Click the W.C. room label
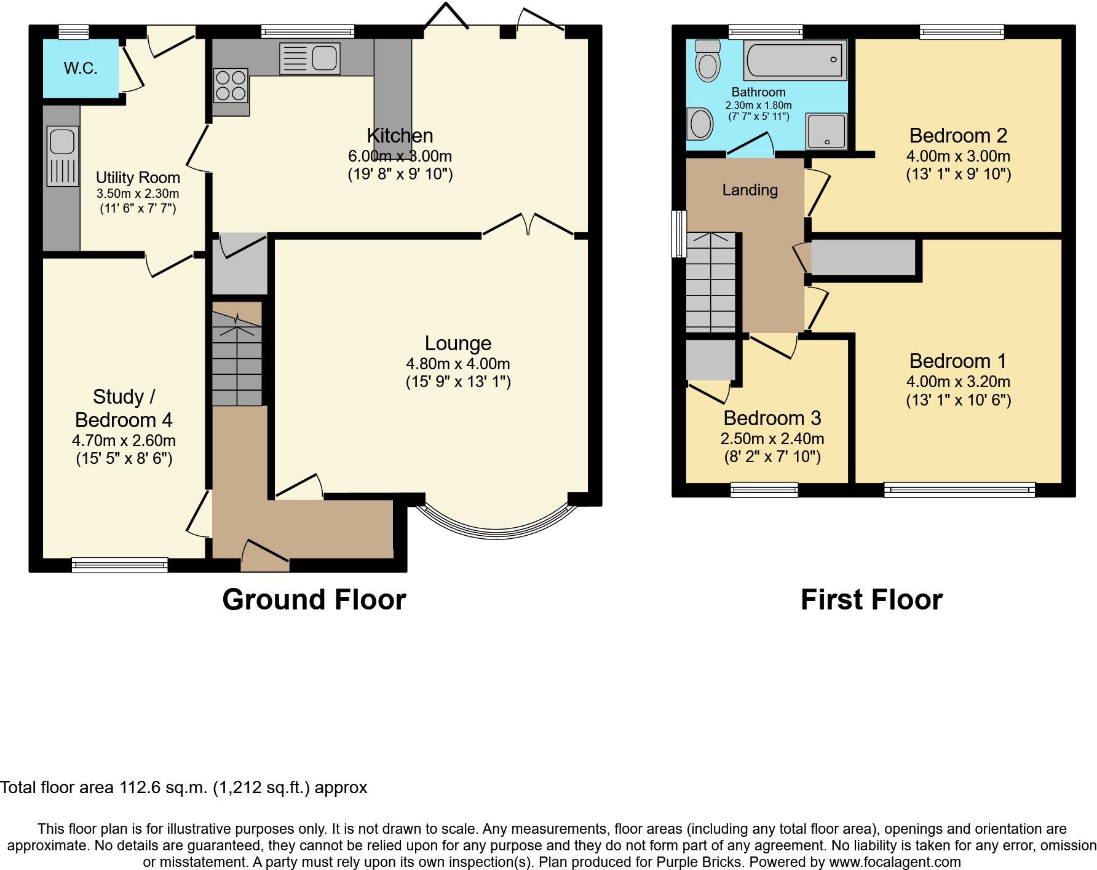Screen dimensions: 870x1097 [x=81, y=68]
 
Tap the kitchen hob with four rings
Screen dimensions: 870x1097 [x=231, y=85]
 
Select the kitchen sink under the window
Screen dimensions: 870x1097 [x=309, y=59]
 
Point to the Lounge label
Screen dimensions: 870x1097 [x=458, y=343]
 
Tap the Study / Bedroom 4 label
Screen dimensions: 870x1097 [x=124, y=409]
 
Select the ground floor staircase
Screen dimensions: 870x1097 [x=237, y=356]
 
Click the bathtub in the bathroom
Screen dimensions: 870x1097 [x=794, y=60]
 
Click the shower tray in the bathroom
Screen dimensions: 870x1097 [x=827, y=131]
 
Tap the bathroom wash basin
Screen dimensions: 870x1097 [x=701, y=124]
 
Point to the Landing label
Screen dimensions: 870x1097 [x=750, y=190]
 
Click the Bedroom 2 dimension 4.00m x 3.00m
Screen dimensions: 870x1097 [x=958, y=156]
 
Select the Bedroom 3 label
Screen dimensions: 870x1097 [x=772, y=418]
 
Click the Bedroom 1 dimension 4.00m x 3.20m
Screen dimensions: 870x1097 [x=958, y=382]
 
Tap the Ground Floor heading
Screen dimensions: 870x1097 [x=314, y=600]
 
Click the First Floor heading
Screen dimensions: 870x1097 [x=871, y=600]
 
